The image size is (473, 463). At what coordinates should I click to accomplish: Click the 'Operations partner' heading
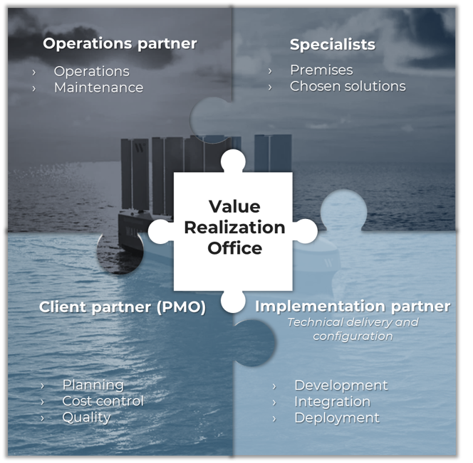pos(120,43)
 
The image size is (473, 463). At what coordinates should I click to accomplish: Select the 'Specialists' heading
pos(332,44)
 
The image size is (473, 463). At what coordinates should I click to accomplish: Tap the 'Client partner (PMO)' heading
pos(122,307)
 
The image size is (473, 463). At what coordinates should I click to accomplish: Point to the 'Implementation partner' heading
pos(353,306)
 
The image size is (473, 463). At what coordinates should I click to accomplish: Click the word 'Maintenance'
pos(98,87)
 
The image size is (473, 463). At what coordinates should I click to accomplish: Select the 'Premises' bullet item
pos(321,70)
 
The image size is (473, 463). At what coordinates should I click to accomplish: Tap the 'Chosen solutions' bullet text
pos(348,86)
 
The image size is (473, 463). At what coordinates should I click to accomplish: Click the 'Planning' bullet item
pos(93,385)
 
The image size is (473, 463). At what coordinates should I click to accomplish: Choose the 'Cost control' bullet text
pos(103,401)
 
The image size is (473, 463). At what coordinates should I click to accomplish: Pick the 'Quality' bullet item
pos(86,417)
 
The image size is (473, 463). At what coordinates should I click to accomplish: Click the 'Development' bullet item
pos(341,385)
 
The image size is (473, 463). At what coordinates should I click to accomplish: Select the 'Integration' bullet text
pos(332,401)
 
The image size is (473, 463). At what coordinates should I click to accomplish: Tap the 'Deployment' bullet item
pos(336,417)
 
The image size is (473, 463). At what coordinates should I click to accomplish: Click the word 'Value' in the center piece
pos(234,206)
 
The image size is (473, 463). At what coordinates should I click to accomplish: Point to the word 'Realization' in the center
pos(234,228)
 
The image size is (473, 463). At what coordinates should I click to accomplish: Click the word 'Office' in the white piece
pos(234,248)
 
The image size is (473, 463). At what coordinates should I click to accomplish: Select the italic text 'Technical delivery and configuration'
pos(353,329)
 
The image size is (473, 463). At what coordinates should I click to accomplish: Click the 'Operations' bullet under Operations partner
pos(91,71)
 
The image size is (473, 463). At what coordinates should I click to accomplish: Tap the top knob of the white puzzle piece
pos(233,161)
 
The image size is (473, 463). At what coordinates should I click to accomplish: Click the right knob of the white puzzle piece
pos(304,230)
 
